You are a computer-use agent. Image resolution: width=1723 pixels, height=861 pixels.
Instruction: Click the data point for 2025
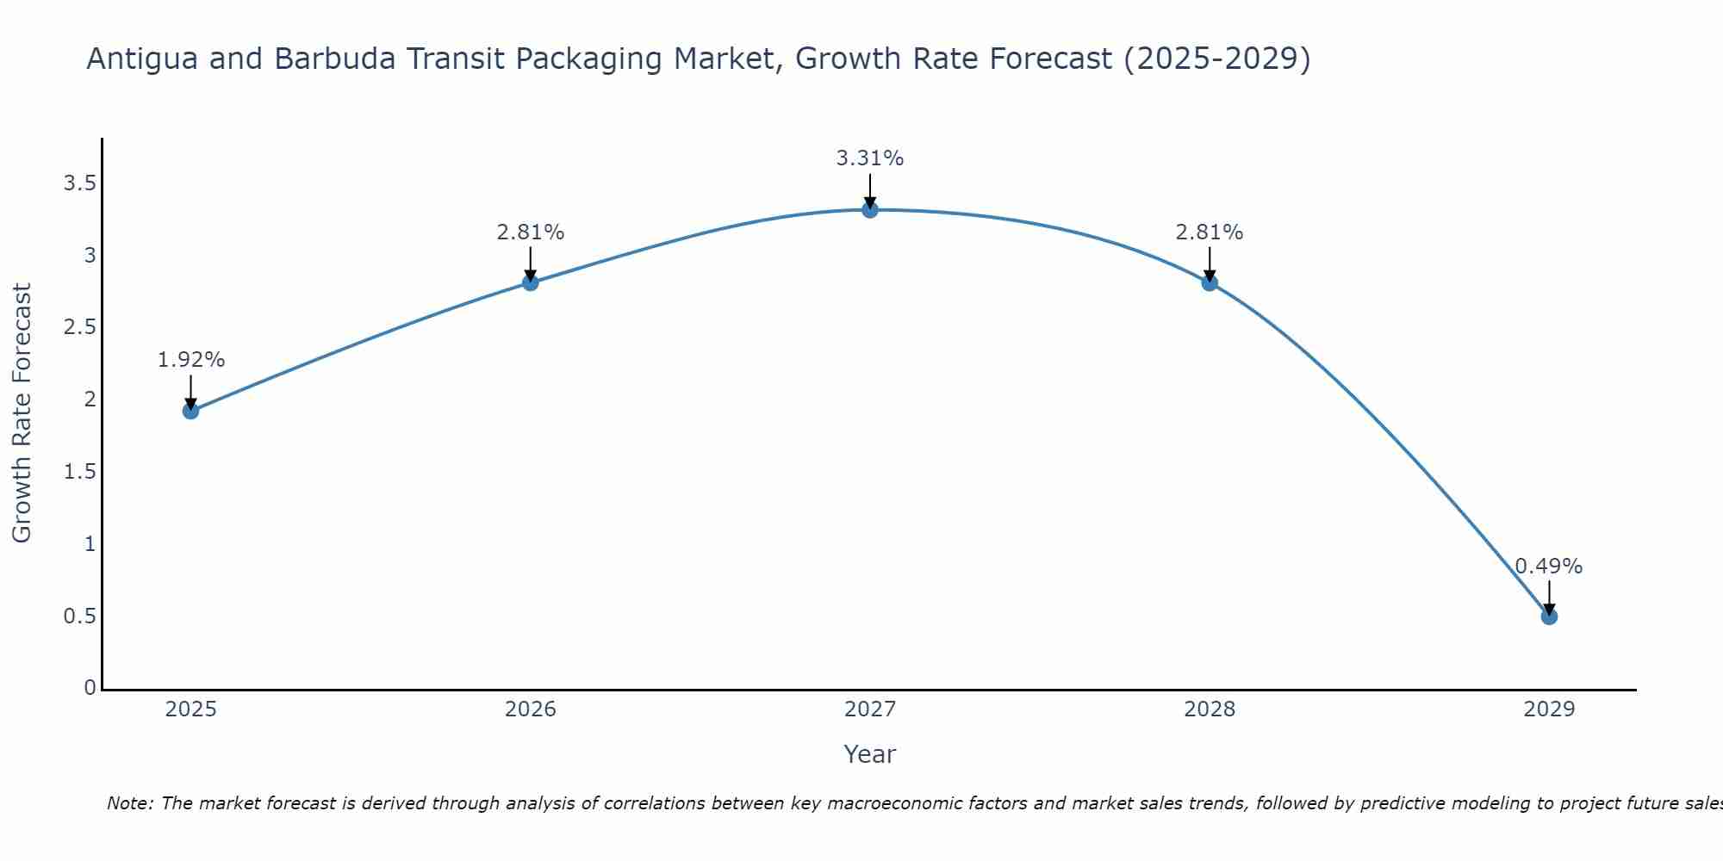point(190,411)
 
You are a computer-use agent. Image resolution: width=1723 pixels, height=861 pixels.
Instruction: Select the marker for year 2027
point(869,209)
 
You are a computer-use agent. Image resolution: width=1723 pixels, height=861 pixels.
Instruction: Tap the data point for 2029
point(1548,616)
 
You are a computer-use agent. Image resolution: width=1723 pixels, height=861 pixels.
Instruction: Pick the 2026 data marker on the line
point(530,282)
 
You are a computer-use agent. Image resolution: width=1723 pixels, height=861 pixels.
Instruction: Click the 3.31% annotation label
point(869,158)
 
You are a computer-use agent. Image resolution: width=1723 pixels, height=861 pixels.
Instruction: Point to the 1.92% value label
point(190,360)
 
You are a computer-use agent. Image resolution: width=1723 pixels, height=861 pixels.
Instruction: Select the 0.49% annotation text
point(1548,567)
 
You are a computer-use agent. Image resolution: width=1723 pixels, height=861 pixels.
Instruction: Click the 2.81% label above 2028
point(1209,232)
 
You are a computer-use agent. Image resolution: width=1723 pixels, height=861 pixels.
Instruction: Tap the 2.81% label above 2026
point(530,232)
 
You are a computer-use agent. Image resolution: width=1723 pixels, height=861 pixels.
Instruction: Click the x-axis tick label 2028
point(1209,709)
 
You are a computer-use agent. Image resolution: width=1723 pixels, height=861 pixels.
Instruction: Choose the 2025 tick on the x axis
point(190,709)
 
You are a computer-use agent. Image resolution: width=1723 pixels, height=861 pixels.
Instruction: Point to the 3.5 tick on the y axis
point(79,183)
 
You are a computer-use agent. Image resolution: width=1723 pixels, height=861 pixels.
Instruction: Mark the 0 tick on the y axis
point(90,688)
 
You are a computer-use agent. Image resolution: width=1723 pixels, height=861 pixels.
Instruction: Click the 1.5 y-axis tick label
point(79,472)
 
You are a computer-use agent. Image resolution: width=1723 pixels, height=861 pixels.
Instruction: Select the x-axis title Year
point(869,754)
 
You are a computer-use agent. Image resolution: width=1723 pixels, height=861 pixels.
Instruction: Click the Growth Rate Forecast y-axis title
point(22,412)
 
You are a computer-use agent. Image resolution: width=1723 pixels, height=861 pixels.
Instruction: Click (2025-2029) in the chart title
point(1217,59)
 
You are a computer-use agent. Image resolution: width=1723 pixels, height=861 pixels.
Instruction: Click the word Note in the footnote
point(128,803)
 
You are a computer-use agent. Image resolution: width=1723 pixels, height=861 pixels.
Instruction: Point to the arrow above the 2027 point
point(869,190)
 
